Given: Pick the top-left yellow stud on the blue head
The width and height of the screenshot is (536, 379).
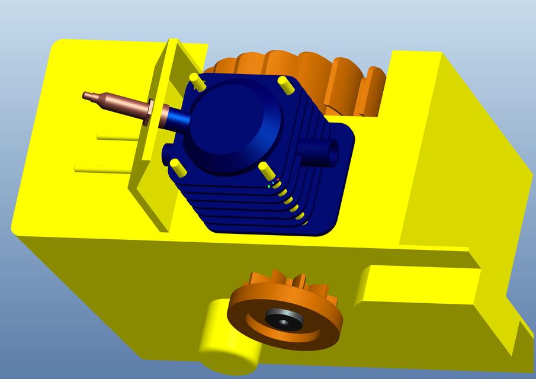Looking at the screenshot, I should click(198, 82).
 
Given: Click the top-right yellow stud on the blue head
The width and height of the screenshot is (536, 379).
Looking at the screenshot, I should click(285, 85).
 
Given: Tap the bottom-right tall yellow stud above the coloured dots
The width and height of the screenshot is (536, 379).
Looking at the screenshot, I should click(266, 172).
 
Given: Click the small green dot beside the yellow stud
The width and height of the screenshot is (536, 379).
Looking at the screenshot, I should click(269, 186).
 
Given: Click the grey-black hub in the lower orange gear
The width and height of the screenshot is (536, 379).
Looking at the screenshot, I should click(283, 320).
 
